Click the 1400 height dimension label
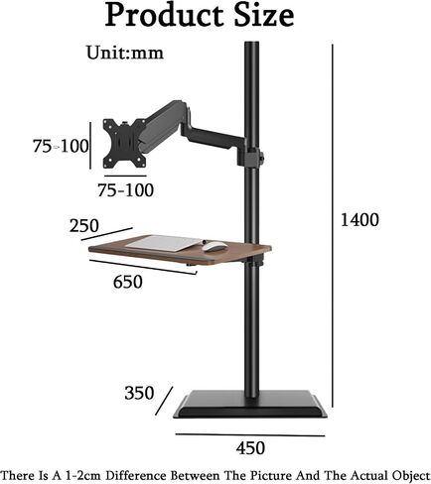point(359,220)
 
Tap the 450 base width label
point(250,448)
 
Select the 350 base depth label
point(139,393)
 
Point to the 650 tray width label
point(128,282)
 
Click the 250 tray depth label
point(84,226)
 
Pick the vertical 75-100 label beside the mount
point(61,146)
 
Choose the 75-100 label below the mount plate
point(126,190)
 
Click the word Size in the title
point(264,15)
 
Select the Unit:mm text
point(125,53)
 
